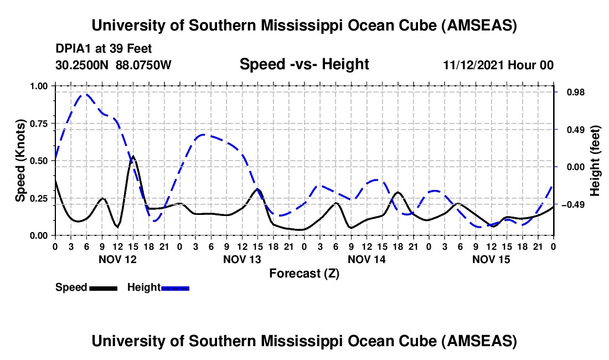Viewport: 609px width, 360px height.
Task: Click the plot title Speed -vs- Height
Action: pos(304,64)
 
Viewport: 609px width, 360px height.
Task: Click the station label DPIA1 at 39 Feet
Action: pos(104,49)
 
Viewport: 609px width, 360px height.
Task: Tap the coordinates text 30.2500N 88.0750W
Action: pos(113,65)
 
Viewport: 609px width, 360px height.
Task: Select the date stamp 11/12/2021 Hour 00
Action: pos(498,65)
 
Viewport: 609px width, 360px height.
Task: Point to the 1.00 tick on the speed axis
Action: pos(39,86)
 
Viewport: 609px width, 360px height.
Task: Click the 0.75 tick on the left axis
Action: pos(39,124)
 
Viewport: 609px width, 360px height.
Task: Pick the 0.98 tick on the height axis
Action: pos(575,92)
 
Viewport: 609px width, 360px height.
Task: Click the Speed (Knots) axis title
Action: pos(20,161)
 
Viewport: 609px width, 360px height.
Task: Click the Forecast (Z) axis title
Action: pos(304,273)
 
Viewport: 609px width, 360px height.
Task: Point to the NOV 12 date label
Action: pos(117,259)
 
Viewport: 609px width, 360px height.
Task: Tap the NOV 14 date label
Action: pos(367,259)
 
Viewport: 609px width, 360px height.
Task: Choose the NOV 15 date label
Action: pos(491,259)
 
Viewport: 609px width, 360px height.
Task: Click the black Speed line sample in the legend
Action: pos(103,287)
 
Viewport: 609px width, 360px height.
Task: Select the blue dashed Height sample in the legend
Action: pos(175,287)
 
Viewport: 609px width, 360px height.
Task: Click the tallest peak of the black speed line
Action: pos(133,157)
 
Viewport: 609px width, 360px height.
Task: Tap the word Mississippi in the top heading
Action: pos(307,25)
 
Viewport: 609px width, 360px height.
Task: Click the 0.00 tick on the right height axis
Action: pos(575,167)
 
